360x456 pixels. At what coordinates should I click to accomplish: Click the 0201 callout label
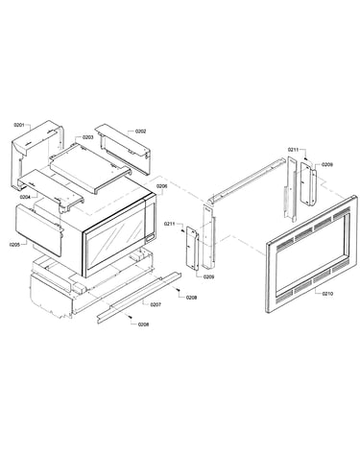(x=19, y=125)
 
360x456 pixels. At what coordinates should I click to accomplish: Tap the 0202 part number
(x=140, y=132)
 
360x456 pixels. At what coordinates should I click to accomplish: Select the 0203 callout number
(x=88, y=137)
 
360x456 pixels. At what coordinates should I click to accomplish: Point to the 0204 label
(x=25, y=197)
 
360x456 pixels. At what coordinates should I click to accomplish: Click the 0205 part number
(x=15, y=245)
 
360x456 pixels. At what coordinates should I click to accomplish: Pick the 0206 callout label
(x=161, y=185)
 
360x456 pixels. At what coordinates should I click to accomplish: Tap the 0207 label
(x=156, y=304)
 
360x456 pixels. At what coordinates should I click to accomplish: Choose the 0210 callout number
(x=327, y=293)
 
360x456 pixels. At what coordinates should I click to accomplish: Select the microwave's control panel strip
(x=151, y=221)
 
